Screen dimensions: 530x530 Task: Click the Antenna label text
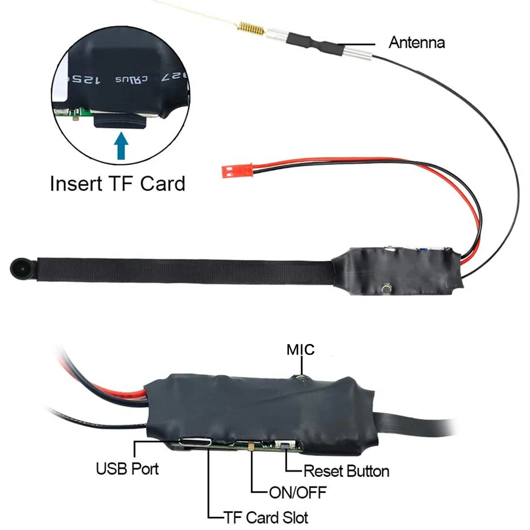[417, 42]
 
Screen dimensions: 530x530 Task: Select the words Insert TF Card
[118, 184]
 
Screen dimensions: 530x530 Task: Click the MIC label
[301, 349]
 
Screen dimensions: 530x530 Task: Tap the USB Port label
[127, 469]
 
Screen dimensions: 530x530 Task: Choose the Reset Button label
[346, 471]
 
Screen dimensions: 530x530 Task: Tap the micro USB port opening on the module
[196, 441]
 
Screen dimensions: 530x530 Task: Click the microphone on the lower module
[301, 377]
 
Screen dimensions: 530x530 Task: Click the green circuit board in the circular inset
[74, 112]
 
